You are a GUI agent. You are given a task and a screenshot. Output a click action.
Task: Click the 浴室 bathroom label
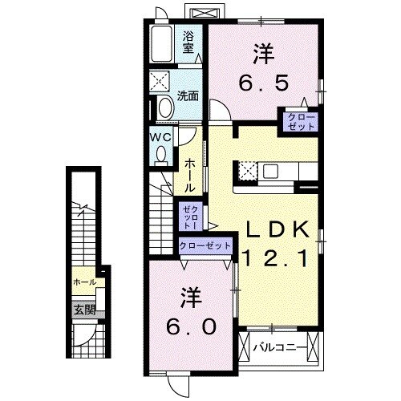pos(189,42)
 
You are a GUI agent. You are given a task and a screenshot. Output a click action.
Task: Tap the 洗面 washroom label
pos(188,95)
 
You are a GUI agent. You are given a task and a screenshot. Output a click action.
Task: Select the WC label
pos(160,136)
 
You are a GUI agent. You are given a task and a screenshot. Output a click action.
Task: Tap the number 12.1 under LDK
pos(276,257)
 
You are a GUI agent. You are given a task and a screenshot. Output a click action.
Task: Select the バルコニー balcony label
pos(281,347)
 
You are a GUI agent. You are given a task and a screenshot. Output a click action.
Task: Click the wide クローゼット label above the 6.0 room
pos(206,245)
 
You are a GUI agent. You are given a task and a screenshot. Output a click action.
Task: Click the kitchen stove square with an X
pos(247,171)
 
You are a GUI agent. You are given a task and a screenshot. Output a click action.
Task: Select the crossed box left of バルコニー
pos(242,347)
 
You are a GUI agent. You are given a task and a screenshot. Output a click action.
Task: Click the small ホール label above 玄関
pos(84,282)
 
